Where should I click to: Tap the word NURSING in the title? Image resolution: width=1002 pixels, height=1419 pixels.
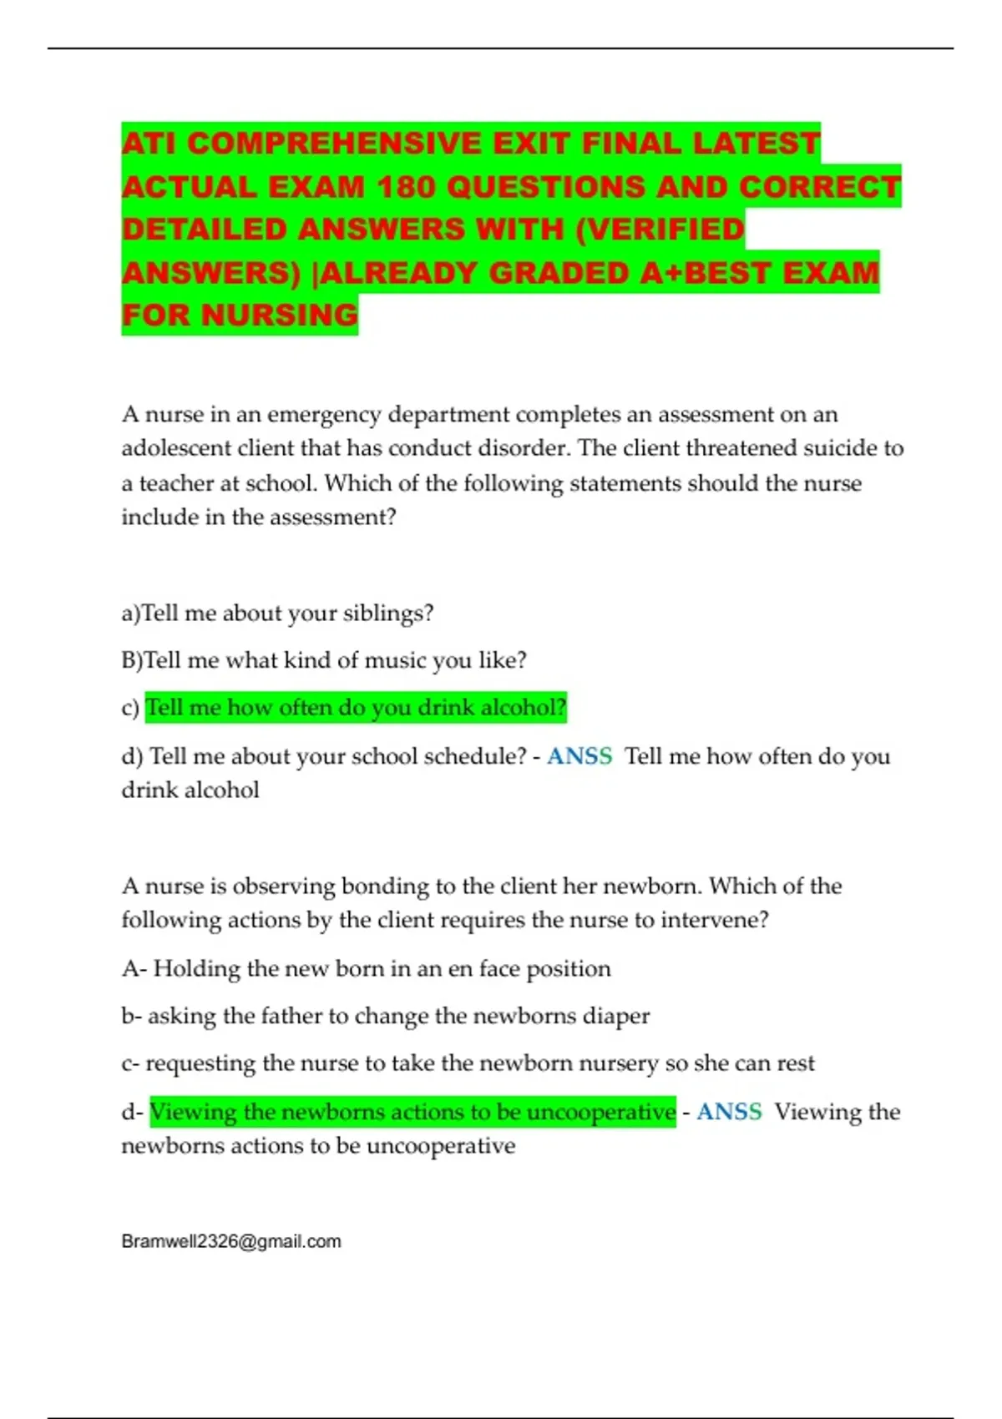[280, 315]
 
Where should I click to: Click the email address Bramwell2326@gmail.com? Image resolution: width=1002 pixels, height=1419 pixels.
[231, 1241]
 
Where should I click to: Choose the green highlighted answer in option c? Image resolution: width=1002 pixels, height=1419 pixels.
[356, 708]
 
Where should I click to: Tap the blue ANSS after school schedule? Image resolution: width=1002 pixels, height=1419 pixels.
[579, 756]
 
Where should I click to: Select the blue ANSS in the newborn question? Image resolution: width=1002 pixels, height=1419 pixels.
[729, 1112]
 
